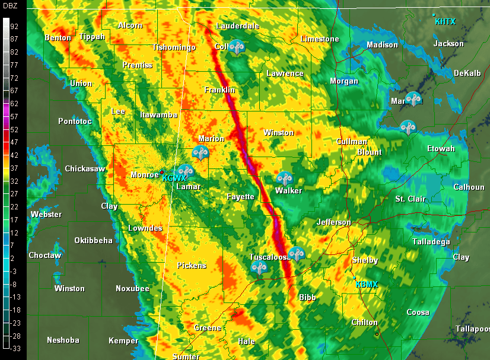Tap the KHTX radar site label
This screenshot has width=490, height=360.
[445, 22]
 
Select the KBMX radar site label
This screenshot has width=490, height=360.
[366, 284]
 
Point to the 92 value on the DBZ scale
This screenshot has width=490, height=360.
[14, 26]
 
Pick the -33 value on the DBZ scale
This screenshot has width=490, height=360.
[14, 349]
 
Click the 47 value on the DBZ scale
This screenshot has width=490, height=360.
[14, 142]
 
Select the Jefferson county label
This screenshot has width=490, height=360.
[334, 222]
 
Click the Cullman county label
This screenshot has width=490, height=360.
[352, 142]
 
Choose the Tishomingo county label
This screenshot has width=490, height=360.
[174, 47]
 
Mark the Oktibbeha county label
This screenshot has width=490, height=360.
[93, 240]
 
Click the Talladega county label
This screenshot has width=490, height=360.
[431, 241]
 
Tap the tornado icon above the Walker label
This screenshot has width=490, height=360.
[284, 179]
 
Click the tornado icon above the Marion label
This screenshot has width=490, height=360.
[201, 153]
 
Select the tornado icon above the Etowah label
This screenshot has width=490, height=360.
[408, 127]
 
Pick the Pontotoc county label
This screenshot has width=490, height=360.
[75, 121]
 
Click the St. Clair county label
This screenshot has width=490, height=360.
[410, 199]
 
